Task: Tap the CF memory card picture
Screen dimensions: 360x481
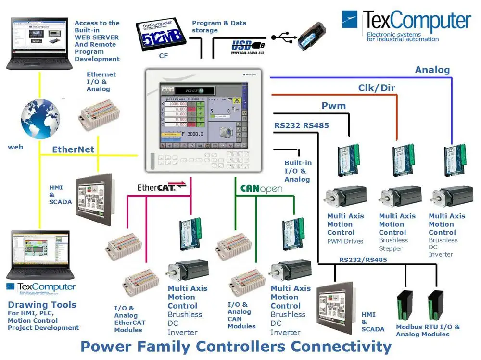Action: tap(161, 35)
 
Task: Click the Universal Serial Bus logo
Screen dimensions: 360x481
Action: tap(247, 47)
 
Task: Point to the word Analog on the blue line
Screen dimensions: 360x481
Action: tap(432, 70)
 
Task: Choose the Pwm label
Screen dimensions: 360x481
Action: tap(334, 105)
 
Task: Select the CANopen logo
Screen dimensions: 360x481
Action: tap(261, 188)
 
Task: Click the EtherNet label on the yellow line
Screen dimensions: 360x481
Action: tap(73, 149)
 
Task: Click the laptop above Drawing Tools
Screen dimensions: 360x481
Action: tap(39, 255)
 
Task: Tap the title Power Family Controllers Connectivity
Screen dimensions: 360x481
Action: tap(236, 346)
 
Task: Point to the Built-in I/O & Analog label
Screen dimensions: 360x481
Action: tap(297, 171)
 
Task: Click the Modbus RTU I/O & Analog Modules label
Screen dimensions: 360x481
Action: tap(428, 331)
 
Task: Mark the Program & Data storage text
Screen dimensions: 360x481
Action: tap(219, 26)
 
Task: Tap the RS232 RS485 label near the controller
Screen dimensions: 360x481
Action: tap(302, 126)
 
